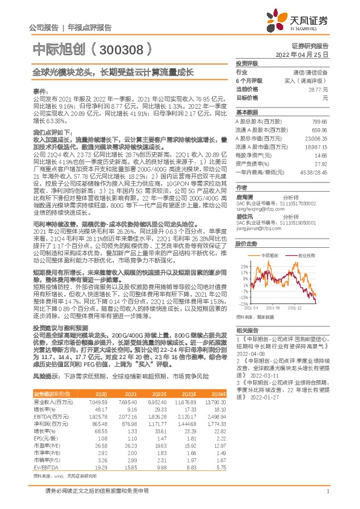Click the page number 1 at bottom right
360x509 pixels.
coord(327,493)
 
